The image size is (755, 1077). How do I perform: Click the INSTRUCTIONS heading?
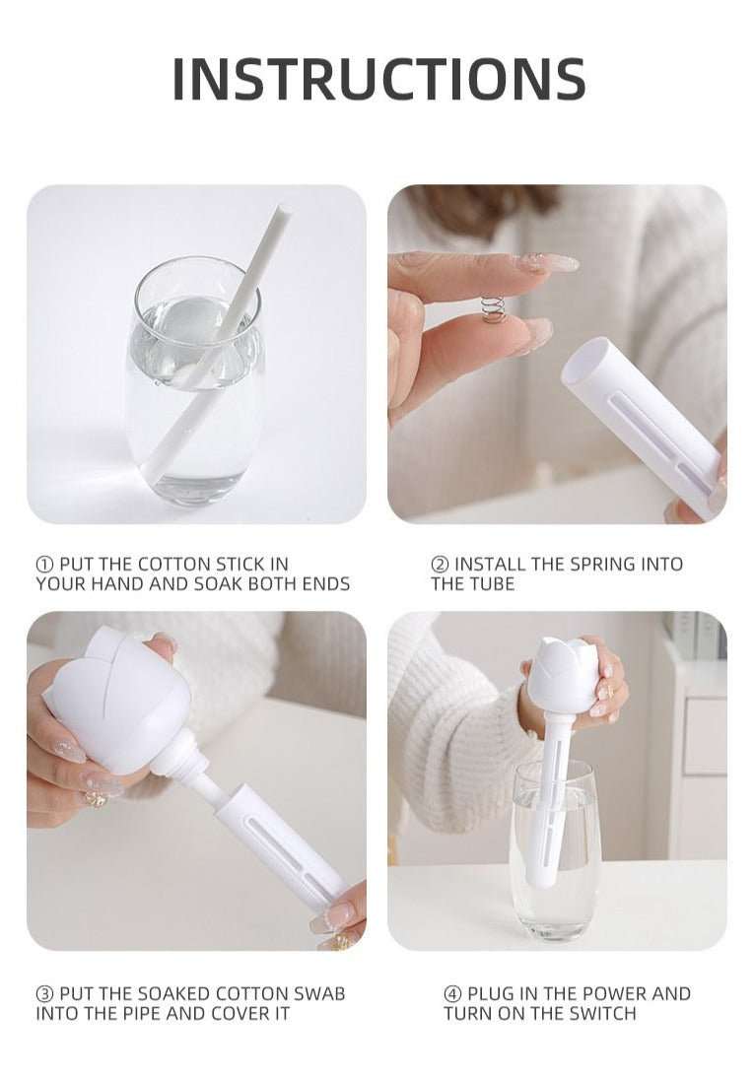(377, 78)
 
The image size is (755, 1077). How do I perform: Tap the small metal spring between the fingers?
(491, 309)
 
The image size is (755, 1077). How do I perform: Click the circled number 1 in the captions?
(44, 565)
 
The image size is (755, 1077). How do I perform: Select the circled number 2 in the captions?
(439, 565)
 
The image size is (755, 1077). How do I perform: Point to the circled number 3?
(44, 994)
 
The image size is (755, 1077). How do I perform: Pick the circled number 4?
(452, 994)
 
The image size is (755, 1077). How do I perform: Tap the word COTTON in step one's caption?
(174, 565)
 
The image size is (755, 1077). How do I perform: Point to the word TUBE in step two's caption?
(493, 584)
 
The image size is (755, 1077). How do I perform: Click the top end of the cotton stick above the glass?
(282, 209)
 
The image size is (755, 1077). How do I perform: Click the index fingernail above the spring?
(546, 263)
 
